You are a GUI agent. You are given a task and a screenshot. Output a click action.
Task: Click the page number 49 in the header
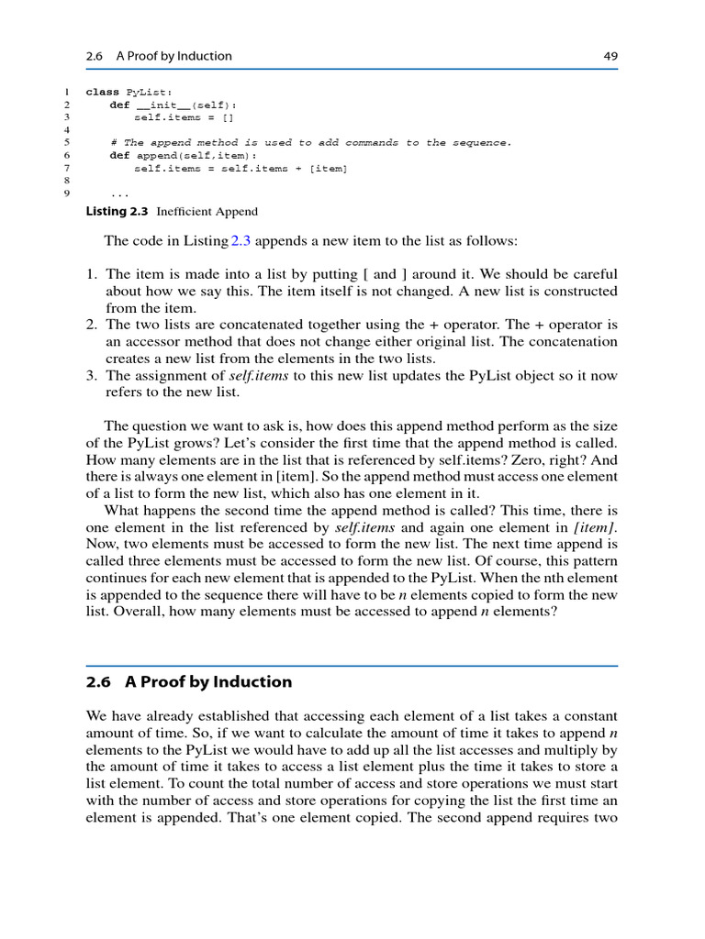(x=610, y=56)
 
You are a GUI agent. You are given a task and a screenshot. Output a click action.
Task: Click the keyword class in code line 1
(x=102, y=92)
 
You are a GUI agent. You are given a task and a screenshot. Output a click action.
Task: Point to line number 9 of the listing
(x=66, y=194)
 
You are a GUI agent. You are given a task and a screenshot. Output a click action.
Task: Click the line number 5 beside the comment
(x=66, y=143)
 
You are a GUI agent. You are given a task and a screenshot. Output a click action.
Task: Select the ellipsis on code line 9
(x=119, y=195)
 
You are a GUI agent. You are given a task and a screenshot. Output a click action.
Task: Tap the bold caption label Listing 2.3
(x=117, y=212)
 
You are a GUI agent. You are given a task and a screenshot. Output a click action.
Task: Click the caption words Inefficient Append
(x=207, y=212)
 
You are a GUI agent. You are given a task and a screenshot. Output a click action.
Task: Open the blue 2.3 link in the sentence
(x=240, y=240)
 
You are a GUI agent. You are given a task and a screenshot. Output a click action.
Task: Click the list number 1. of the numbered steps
(x=92, y=274)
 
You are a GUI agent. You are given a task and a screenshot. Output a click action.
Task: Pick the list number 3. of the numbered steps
(x=92, y=376)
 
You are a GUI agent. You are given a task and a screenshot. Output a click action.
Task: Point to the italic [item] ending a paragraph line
(x=595, y=528)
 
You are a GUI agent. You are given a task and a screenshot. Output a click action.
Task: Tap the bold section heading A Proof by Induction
(x=208, y=681)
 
